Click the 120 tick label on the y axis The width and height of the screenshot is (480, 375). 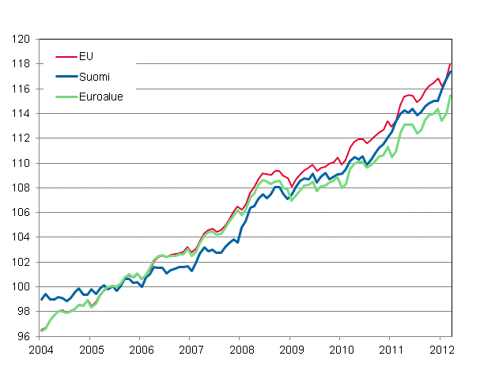coord(22,39)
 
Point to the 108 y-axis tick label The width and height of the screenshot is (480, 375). coord(22,187)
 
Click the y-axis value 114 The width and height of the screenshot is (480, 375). coord(22,113)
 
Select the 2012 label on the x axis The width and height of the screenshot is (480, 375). coord(440,349)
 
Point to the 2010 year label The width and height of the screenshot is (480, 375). coord(341,349)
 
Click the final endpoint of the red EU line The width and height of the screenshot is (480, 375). coord(451,63)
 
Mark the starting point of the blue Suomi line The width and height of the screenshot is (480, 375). coord(40,299)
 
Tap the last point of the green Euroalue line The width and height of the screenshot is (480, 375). coord(451,96)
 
